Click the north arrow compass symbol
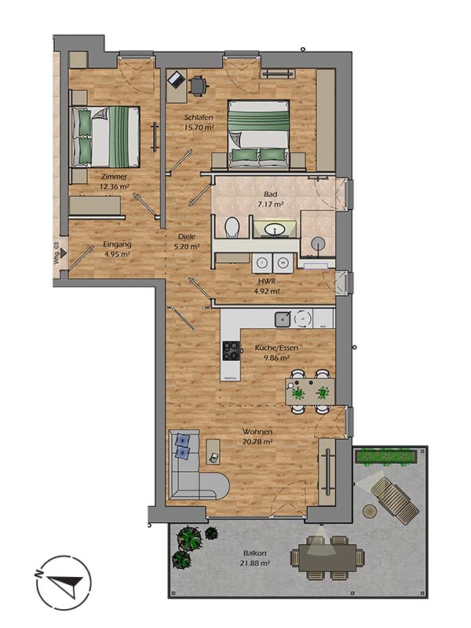point(64,583)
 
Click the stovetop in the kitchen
point(232,350)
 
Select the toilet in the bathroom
point(232,228)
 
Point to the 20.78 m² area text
point(257,442)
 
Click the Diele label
point(186,235)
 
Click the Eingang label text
point(117,243)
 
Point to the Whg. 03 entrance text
point(57,256)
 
